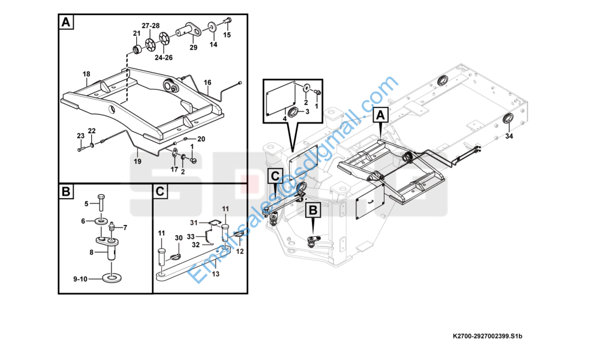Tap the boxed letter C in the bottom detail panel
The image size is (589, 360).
click(x=160, y=192)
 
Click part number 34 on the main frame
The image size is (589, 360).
click(x=509, y=137)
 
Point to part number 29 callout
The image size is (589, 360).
click(x=193, y=47)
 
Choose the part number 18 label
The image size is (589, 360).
click(x=86, y=74)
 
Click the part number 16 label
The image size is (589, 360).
click(x=208, y=82)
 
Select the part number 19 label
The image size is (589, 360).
click(x=137, y=161)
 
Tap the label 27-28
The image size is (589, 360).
click(x=151, y=25)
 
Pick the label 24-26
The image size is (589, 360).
click(x=164, y=58)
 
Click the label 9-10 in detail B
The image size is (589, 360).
click(x=80, y=279)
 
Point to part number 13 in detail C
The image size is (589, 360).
click(x=215, y=274)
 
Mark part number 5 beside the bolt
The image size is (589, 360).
click(x=86, y=203)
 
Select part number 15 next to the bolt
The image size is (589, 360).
click(x=227, y=35)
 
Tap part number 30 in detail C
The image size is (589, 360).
click(x=178, y=238)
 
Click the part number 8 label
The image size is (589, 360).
click(x=91, y=253)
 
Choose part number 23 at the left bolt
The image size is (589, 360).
click(x=80, y=136)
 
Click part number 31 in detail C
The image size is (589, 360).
click(x=194, y=223)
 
